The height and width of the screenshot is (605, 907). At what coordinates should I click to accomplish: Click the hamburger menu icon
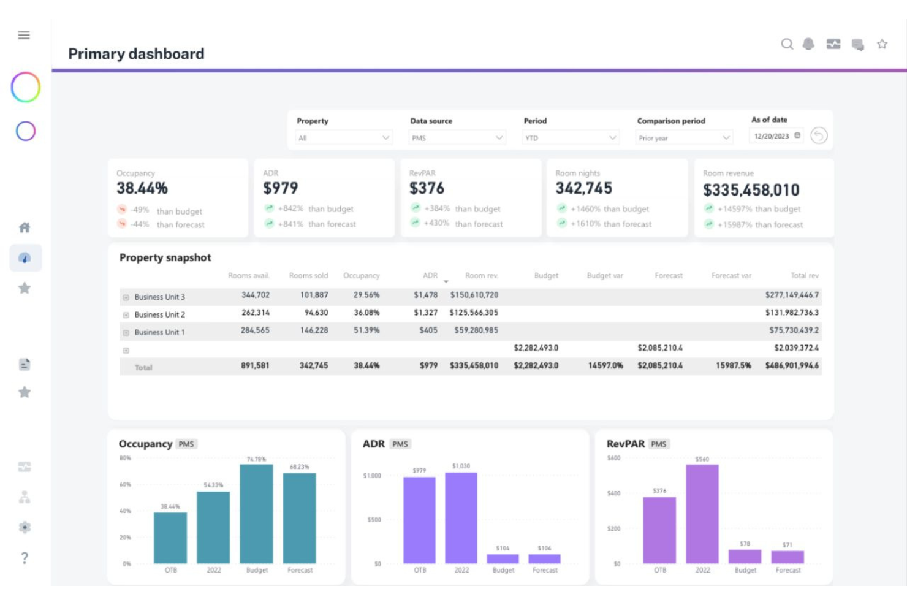click(24, 36)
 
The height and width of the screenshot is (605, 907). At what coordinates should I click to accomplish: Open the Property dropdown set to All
click(343, 138)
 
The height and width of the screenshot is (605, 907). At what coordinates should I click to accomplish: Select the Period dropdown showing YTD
click(570, 138)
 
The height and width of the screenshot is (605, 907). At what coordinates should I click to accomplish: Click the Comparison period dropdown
click(683, 138)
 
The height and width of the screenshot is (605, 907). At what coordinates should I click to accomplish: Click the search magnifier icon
click(787, 44)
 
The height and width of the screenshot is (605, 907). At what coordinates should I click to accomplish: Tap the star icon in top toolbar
click(882, 44)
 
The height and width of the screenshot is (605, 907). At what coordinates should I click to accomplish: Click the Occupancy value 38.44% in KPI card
click(142, 188)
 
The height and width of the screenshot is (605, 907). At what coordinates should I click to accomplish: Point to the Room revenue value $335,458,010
click(751, 190)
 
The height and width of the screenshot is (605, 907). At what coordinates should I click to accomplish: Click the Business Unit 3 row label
click(159, 297)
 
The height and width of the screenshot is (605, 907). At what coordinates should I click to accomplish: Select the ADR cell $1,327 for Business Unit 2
click(425, 313)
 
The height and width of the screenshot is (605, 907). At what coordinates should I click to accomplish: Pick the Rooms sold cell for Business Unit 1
click(314, 330)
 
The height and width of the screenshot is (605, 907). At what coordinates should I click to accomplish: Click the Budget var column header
click(604, 276)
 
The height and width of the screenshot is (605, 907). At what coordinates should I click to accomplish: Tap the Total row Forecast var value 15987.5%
click(733, 365)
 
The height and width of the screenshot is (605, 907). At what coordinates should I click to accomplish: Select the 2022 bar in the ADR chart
click(461, 518)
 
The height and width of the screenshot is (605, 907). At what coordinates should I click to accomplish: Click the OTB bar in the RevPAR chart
click(659, 530)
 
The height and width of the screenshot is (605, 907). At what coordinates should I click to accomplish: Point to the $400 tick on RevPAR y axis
click(613, 493)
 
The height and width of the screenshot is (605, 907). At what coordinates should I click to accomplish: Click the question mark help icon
click(25, 558)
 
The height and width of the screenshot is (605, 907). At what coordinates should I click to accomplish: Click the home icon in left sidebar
click(25, 228)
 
